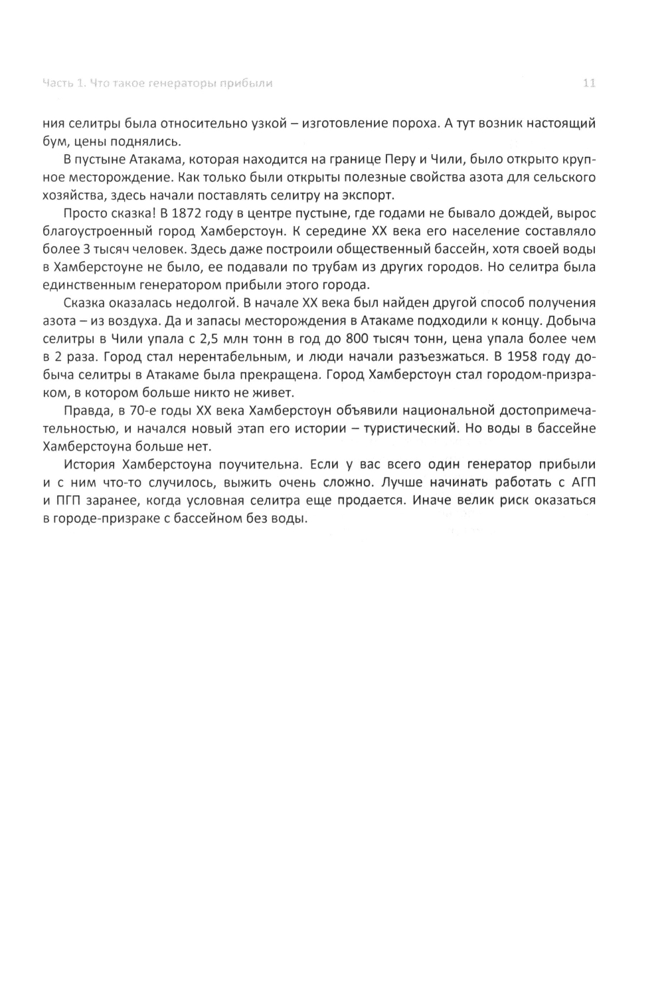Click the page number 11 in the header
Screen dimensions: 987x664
[x=588, y=83]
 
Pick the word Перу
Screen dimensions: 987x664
[x=422, y=160]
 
